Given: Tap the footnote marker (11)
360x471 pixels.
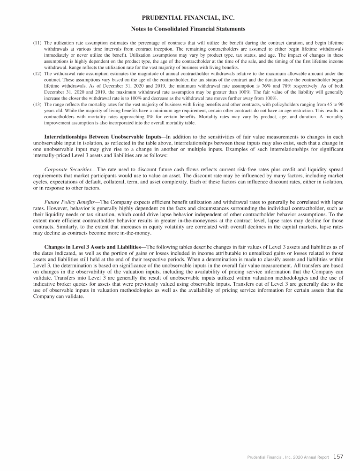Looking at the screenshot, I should pos(37,43).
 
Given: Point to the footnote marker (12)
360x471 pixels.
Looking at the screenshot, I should pos(37,74).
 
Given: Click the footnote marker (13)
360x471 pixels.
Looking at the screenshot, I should pos(37,105).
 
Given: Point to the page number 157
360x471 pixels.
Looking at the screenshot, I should pos(338,456).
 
